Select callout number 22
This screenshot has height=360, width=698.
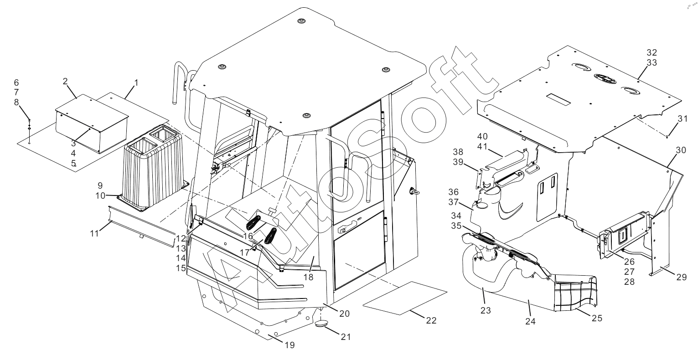tap(431, 320)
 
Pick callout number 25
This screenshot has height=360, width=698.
tap(597, 318)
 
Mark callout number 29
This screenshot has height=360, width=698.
tap(681, 277)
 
